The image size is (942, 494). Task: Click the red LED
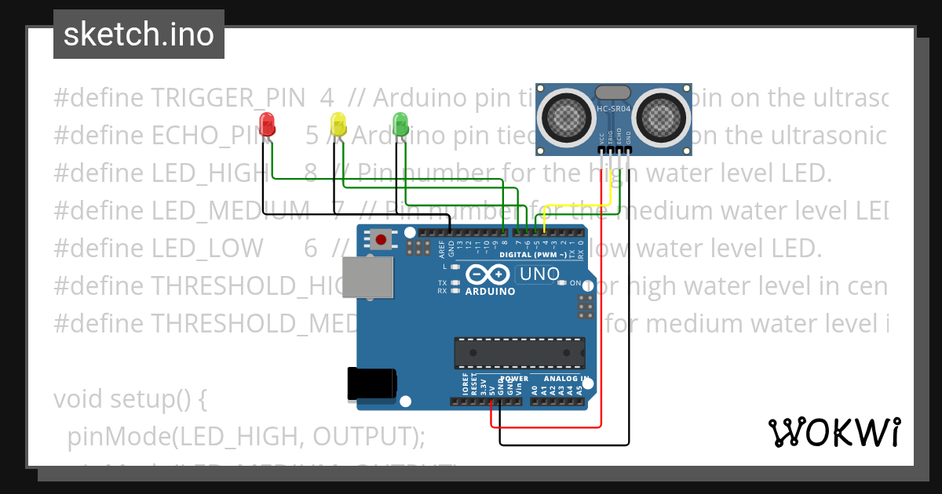pyautogui.click(x=267, y=124)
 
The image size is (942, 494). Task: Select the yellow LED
pyautogui.click(x=338, y=124)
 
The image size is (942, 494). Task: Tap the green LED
pyautogui.click(x=400, y=123)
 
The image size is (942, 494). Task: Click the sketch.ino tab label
pyautogui.click(x=139, y=35)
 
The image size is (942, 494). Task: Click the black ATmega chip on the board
pyautogui.click(x=520, y=352)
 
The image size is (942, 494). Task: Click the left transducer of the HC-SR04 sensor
pyautogui.click(x=568, y=114)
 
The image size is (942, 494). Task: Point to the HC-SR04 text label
pyautogui.click(x=615, y=109)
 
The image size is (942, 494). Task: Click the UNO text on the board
pyautogui.click(x=539, y=274)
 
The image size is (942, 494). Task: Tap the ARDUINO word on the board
pyautogui.click(x=490, y=291)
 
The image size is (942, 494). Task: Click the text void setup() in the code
pyautogui.click(x=130, y=399)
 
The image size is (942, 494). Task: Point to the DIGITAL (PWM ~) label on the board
pyautogui.click(x=533, y=255)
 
